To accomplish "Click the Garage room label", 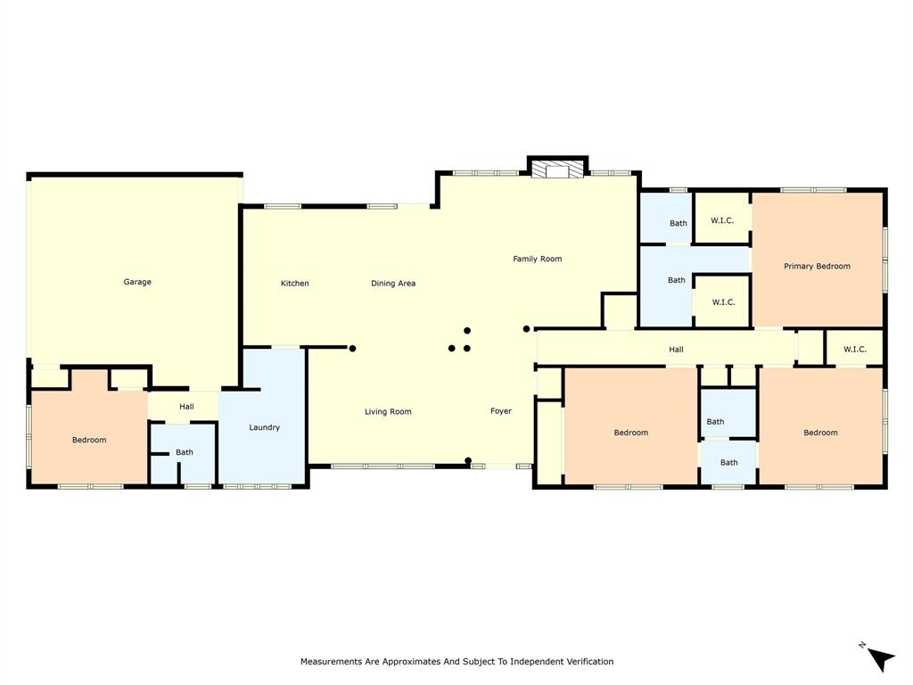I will [x=137, y=282].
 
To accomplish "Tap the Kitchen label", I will [x=295, y=284].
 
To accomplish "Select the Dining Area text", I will [x=393, y=284].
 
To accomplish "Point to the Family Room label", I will [x=537, y=259].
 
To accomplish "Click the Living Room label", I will [x=388, y=411].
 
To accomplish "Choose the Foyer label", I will [x=501, y=411].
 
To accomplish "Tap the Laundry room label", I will [x=265, y=427].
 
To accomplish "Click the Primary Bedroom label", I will [x=817, y=266].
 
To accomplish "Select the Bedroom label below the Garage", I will [x=89, y=440].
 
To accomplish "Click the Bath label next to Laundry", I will [x=185, y=452].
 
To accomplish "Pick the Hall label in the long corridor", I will [x=676, y=350].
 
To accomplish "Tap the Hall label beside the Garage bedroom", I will [x=186, y=407].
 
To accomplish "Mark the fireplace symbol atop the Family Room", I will [x=557, y=170].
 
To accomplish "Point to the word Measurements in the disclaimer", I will [x=332, y=662].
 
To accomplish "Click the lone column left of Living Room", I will [x=352, y=348].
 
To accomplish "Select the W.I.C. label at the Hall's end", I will [x=854, y=349].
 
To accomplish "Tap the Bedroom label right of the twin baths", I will [x=820, y=433].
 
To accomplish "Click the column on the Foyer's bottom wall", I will [x=467, y=461].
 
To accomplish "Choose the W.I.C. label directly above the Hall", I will [x=723, y=302].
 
